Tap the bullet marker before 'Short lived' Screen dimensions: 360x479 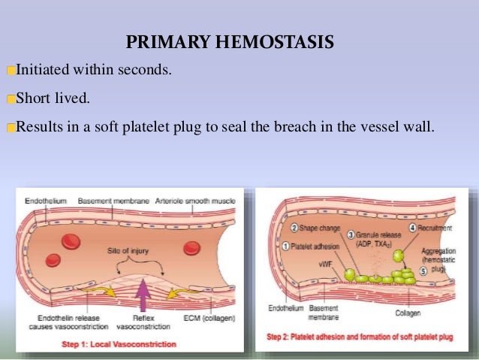point(11,99)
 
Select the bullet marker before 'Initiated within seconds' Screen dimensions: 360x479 point(11,71)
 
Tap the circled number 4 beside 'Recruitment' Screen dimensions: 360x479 point(411,227)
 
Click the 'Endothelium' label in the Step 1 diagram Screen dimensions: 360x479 point(45,201)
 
